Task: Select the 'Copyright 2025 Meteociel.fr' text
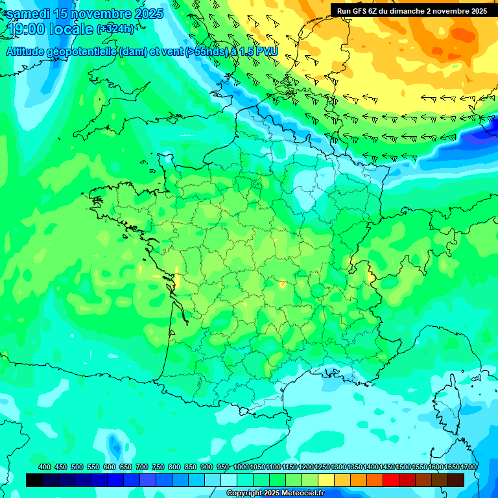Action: coord(275,493)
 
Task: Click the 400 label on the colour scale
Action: coord(45,467)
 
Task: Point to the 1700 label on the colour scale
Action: coord(469,467)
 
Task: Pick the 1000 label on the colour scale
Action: coord(241,467)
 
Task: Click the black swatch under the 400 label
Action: coord(34,480)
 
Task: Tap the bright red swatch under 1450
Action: coord(391,480)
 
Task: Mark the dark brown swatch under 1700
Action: coord(456,480)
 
